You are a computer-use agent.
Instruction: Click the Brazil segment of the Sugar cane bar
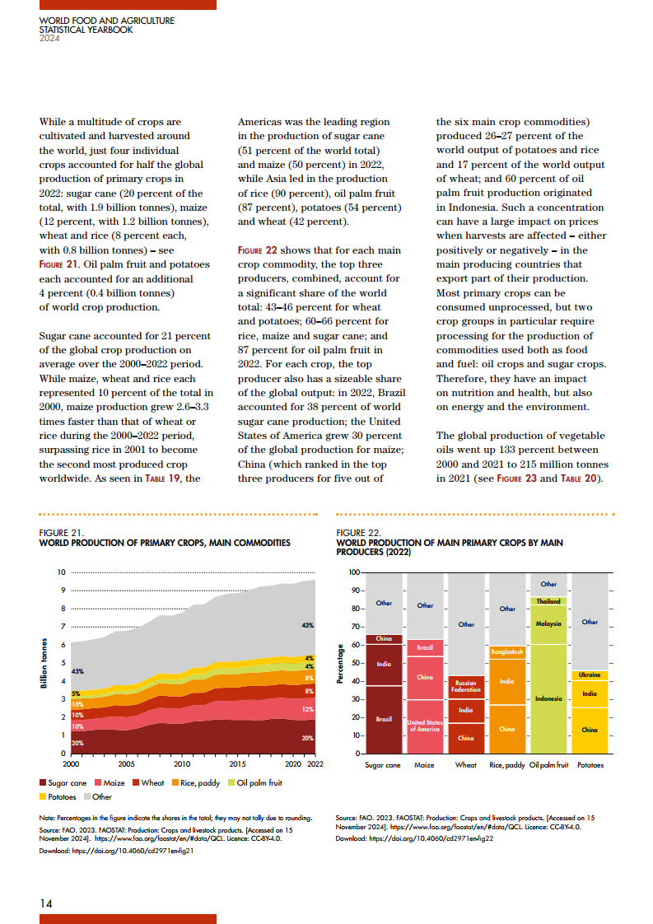[384, 719]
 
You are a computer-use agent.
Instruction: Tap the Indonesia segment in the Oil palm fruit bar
[548, 698]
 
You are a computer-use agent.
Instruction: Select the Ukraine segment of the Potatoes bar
[590, 674]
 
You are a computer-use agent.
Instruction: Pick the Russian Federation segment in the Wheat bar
[466, 687]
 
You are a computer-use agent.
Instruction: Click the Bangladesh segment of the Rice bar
[507, 652]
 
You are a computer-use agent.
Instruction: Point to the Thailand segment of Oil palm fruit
[548, 601]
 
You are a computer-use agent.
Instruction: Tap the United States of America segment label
[425, 726]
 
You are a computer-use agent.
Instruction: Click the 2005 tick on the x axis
[125, 763]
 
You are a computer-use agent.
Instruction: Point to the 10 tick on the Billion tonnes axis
[61, 572]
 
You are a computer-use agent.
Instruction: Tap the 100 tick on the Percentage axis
[354, 572]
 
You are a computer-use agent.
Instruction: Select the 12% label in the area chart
[308, 709]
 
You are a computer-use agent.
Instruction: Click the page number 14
[46, 903]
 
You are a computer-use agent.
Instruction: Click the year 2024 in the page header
[49, 40]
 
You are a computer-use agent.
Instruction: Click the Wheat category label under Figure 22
[466, 765]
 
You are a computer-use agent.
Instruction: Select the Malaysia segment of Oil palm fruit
[548, 623]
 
